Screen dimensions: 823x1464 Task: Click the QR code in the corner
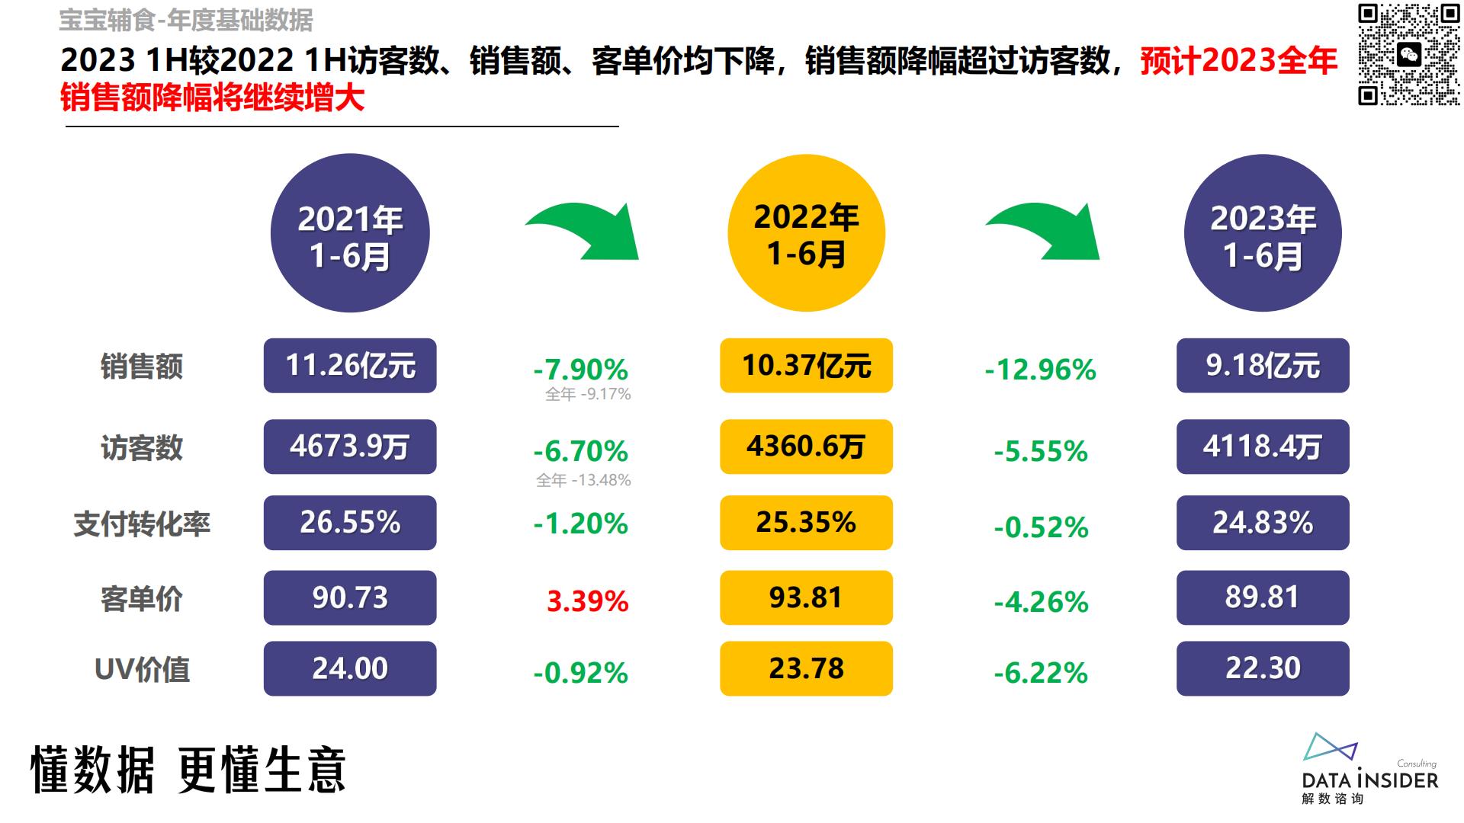pos(1408,54)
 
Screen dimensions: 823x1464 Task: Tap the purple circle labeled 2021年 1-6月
pos(350,233)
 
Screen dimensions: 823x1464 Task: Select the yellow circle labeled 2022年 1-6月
pos(806,233)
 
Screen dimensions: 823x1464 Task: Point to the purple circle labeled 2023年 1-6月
pos(1263,233)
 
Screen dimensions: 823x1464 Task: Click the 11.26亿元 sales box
pos(350,366)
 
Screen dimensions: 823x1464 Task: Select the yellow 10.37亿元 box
pos(806,366)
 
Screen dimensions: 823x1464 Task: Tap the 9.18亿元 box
pos(1263,366)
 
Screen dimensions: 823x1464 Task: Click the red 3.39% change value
pos(587,601)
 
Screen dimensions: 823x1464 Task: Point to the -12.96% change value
pos(1040,370)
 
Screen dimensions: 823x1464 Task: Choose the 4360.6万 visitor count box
pos(806,447)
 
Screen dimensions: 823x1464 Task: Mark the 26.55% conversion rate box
pos(350,523)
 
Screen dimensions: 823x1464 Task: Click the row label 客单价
pos(142,599)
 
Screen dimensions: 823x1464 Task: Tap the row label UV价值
pos(142,670)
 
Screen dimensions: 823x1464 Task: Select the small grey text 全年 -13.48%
pos(583,480)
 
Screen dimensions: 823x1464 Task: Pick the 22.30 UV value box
pos(1263,668)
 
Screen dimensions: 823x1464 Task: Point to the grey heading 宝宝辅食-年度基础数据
pos(186,21)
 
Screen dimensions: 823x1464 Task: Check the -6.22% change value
pos(1040,673)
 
